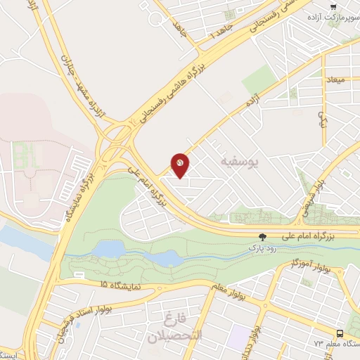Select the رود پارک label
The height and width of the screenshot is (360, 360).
[x=263, y=249]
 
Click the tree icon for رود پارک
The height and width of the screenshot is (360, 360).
[x=263, y=238]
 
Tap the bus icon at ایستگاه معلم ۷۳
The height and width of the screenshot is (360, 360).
[x=340, y=333]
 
